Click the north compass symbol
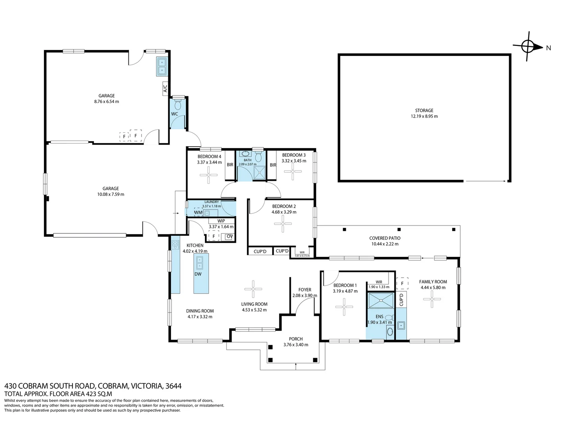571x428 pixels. tap(528, 47)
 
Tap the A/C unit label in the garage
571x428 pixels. tap(165, 89)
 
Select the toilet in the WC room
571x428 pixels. tap(178, 105)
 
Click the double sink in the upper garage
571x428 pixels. tap(162, 66)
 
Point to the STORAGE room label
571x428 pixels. tap(424, 111)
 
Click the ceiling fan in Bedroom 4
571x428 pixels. tap(208, 175)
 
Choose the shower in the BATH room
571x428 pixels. tap(259, 172)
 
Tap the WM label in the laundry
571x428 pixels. tap(198, 212)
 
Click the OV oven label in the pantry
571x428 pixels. tap(229, 237)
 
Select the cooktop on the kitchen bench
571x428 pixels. tap(176, 244)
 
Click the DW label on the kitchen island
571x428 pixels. tap(198, 274)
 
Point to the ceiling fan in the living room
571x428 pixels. tap(253, 289)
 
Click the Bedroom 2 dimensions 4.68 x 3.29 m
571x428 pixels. tap(284, 212)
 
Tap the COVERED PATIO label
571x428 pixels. tap(385, 238)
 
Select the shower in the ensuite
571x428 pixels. tap(381, 300)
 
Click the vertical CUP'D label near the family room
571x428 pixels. tap(401, 300)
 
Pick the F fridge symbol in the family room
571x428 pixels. tap(402, 283)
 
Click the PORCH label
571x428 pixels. tap(296, 339)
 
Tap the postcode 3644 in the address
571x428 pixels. tap(173, 386)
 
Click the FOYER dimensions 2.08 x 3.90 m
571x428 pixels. tap(305, 296)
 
